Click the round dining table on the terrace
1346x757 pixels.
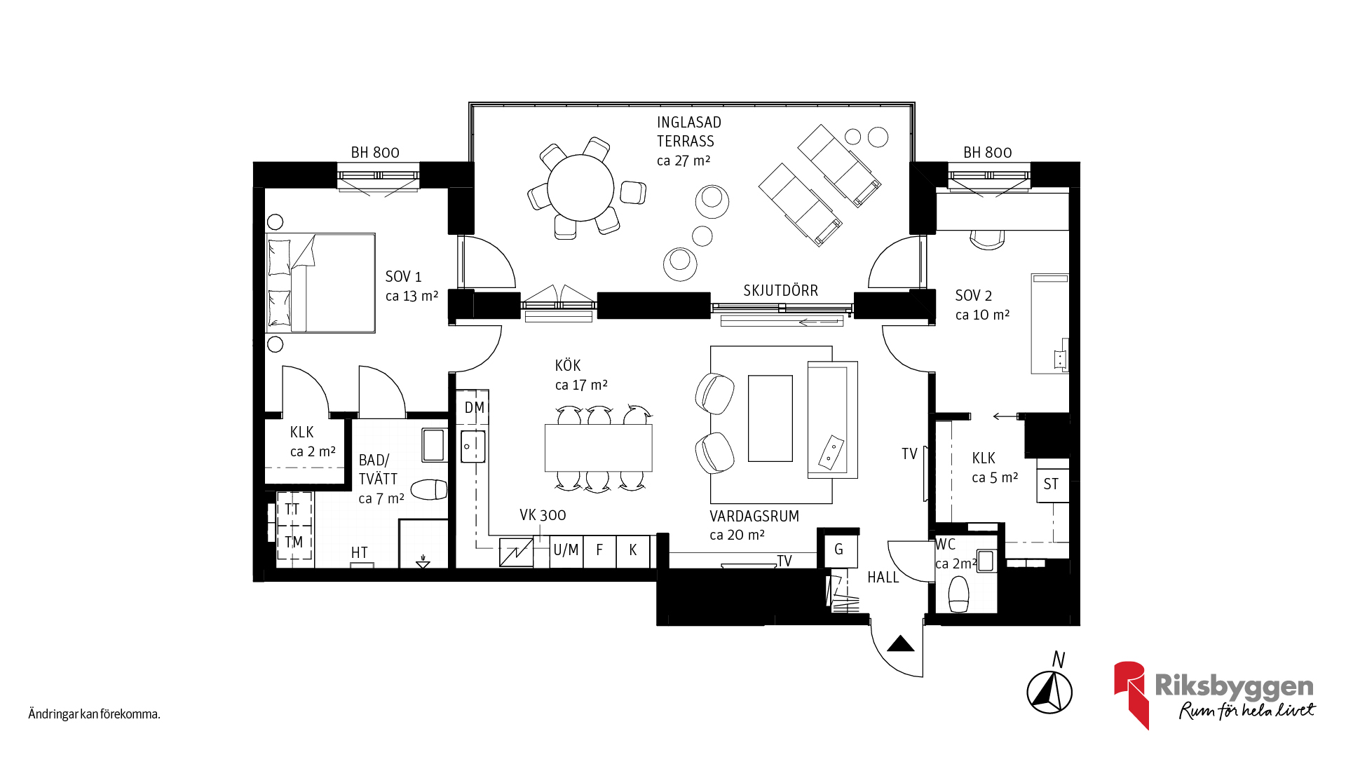click(580, 188)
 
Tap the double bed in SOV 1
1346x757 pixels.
click(320, 282)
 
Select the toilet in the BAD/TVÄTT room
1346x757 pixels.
click(429, 489)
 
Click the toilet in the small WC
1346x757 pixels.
click(958, 594)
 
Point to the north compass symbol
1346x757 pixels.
click(1049, 692)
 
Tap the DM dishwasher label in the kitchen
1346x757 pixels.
click(475, 408)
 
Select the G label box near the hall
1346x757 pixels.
click(838, 550)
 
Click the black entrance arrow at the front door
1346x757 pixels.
click(901, 643)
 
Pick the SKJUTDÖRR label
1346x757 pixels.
click(780, 290)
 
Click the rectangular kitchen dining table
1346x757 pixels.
click(599, 448)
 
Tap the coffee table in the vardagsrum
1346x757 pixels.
click(770, 418)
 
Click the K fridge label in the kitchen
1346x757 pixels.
click(633, 550)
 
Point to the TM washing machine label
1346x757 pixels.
click(294, 542)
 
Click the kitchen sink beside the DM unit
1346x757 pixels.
click(473, 446)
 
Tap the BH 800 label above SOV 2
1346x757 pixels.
click(987, 152)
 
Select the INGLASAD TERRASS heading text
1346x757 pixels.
click(688, 132)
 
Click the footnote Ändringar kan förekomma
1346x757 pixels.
click(95, 714)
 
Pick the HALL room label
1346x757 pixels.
click(883, 578)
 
